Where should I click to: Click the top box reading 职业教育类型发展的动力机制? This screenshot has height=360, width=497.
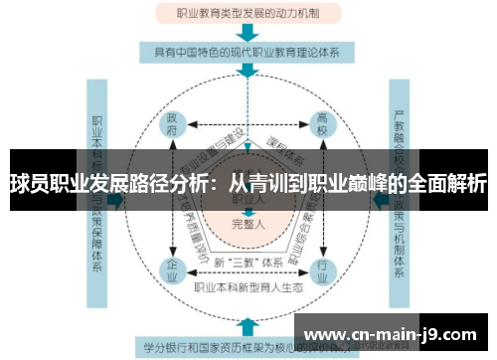[248, 14]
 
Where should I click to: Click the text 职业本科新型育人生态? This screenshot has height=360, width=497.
[248, 289]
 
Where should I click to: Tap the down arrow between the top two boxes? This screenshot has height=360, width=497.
[248, 32]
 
